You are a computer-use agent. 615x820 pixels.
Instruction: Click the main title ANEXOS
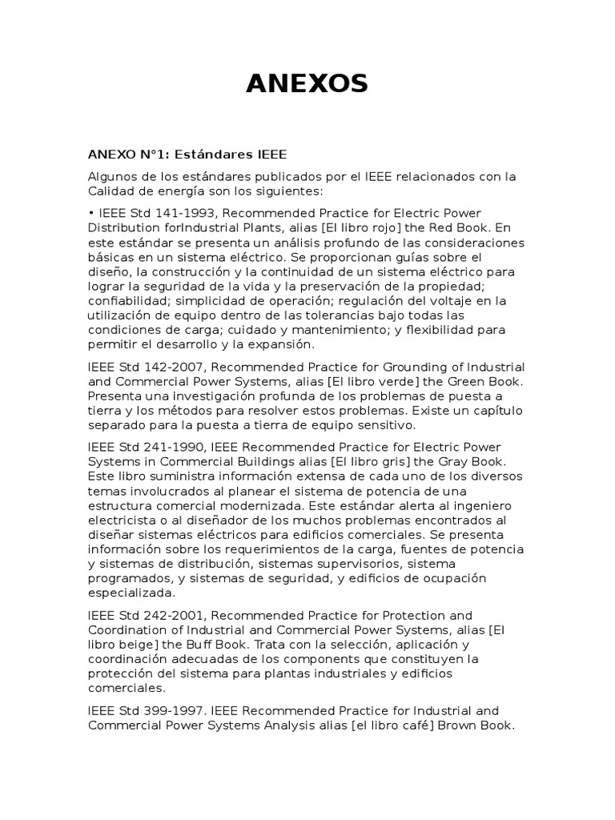[x=307, y=83]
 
